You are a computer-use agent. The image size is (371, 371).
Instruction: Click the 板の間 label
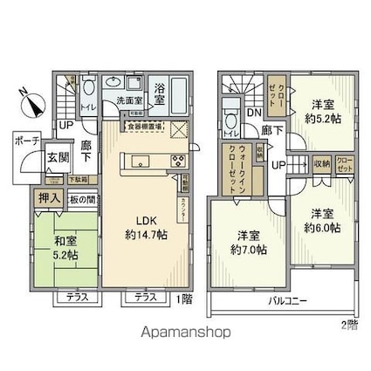coord(82,199)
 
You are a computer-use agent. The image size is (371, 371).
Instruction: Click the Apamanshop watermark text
coord(185,333)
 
